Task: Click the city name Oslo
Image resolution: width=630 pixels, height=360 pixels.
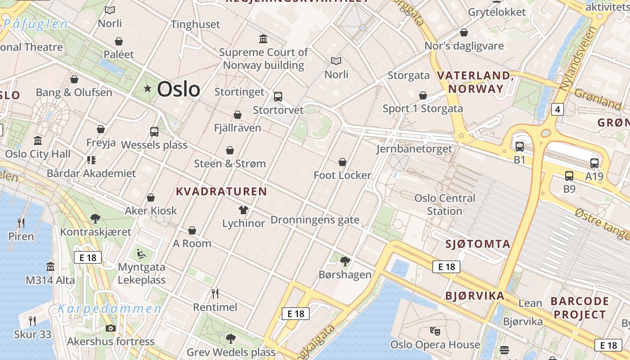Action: point(178,89)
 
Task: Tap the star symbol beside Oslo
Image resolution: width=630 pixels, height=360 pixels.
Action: point(148,89)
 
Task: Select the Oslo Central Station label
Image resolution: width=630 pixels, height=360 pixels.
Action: point(445,205)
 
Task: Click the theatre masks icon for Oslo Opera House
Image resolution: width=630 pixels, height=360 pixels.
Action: point(435,331)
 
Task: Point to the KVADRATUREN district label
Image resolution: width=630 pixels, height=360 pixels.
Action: point(221,192)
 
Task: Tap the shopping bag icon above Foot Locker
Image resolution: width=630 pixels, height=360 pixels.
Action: point(342,162)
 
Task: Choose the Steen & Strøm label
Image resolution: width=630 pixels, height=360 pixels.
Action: point(230,164)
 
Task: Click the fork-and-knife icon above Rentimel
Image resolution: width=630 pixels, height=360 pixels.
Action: point(215,294)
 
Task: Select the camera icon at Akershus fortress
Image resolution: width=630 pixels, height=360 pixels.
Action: point(111,328)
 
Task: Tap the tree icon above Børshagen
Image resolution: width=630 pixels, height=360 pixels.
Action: point(345,261)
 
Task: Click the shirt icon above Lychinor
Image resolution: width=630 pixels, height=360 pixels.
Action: point(243,210)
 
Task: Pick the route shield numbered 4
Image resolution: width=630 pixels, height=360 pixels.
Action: point(558,109)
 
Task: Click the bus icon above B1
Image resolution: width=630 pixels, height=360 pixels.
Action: point(520,147)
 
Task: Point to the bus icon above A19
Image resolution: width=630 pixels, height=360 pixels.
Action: point(594,163)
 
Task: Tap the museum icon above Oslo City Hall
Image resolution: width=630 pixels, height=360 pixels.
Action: point(38,140)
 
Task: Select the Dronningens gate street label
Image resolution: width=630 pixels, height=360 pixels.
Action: point(315,220)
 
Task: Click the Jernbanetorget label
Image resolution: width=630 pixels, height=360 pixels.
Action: point(414,149)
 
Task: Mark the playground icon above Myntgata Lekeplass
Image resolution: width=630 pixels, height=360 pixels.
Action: point(141,254)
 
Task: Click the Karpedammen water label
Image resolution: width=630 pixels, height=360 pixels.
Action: point(109,309)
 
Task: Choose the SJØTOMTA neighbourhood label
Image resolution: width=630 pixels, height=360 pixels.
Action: point(478,244)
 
